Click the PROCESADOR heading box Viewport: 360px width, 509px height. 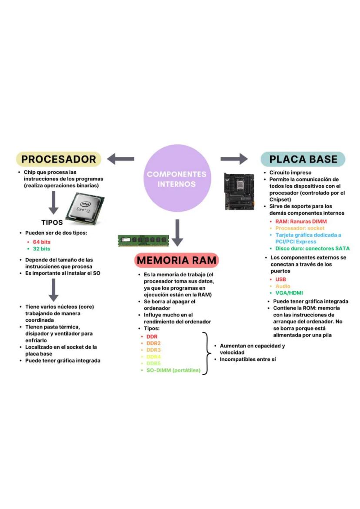point(59,159)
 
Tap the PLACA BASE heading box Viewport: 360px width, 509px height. point(303,159)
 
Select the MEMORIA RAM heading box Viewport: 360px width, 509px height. point(177,260)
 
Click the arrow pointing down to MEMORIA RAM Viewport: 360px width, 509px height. point(177,233)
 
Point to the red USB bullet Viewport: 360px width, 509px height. point(280,279)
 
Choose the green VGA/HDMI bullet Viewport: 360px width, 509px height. point(289,293)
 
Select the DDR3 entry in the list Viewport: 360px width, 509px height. point(153,350)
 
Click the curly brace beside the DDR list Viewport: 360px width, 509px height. point(206,353)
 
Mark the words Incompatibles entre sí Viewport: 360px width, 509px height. point(248,359)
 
